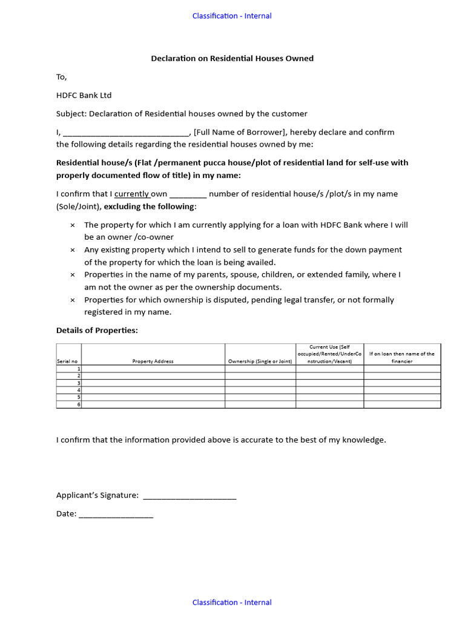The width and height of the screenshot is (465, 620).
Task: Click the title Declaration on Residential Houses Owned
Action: click(x=232, y=59)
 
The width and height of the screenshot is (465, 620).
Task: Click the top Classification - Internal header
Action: click(x=232, y=16)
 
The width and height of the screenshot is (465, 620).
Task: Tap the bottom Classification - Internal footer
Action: click(x=232, y=602)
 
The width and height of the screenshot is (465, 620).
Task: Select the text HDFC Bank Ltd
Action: click(x=84, y=95)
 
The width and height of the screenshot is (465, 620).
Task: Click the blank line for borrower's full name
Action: click(x=126, y=133)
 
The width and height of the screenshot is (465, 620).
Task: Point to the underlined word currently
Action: click(x=132, y=194)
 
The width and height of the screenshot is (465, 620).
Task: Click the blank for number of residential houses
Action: click(x=188, y=194)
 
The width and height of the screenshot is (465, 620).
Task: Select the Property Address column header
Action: click(x=153, y=361)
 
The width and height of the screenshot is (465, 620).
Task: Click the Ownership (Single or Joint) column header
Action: click(x=260, y=361)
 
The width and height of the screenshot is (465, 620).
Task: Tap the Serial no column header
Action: click(x=68, y=361)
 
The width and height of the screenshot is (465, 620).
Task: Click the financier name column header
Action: click(x=401, y=357)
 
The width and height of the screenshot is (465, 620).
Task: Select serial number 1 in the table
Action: click(x=78, y=369)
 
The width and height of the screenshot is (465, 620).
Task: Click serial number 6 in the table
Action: click(x=78, y=404)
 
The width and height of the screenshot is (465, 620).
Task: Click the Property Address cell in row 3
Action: click(x=153, y=383)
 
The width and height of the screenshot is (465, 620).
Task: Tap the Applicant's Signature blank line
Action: click(x=189, y=496)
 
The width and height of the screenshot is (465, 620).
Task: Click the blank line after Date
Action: click(x=116, y=514)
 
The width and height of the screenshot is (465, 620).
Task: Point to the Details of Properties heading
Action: click(x=97, y=330)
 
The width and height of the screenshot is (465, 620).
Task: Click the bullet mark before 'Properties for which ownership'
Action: click(x=73, y=300)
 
